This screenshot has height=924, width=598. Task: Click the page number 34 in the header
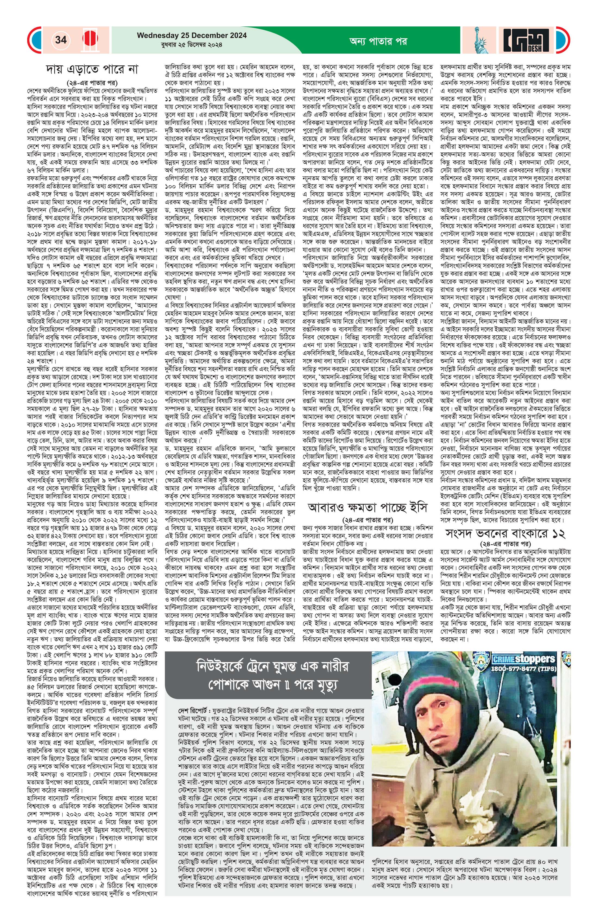click(61, 40)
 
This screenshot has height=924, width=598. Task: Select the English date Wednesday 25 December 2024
click(191, 35)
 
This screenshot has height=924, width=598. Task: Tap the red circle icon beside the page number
click(89, 40)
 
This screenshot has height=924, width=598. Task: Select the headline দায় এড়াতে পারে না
click(91, 70)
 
